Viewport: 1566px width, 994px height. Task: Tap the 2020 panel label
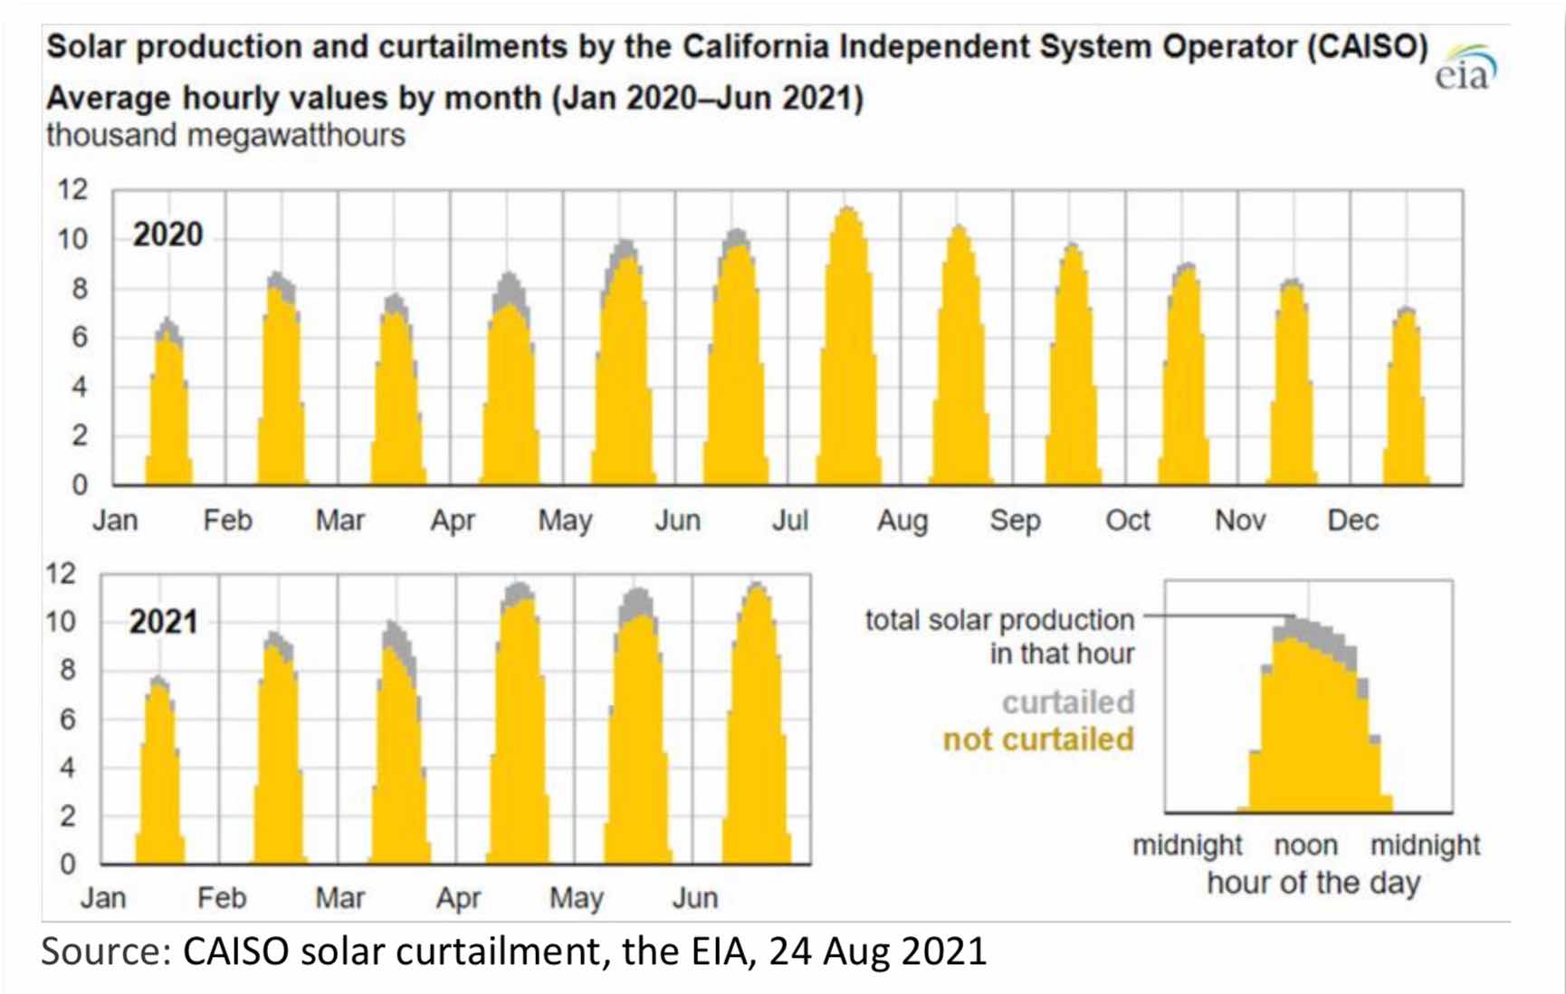167,235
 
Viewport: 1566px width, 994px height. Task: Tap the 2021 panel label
163,622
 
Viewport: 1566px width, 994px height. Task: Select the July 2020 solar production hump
848,362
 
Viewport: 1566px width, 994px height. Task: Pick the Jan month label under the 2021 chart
103,898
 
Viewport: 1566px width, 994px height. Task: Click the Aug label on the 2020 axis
902,521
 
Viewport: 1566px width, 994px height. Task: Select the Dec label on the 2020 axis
1352,521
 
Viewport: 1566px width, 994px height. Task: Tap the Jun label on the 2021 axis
694,898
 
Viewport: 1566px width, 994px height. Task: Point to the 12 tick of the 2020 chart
72,190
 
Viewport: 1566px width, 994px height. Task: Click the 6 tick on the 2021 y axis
67,720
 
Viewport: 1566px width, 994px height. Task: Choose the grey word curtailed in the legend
1067,702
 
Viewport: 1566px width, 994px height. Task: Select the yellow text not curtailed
1038,740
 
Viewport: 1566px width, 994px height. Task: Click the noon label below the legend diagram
1305,846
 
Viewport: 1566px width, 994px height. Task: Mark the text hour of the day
1313,882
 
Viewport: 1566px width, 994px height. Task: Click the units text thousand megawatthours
225,136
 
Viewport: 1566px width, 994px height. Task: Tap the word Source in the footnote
105,951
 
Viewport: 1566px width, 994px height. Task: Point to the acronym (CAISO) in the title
1367,47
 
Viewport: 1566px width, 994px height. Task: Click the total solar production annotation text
999,636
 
